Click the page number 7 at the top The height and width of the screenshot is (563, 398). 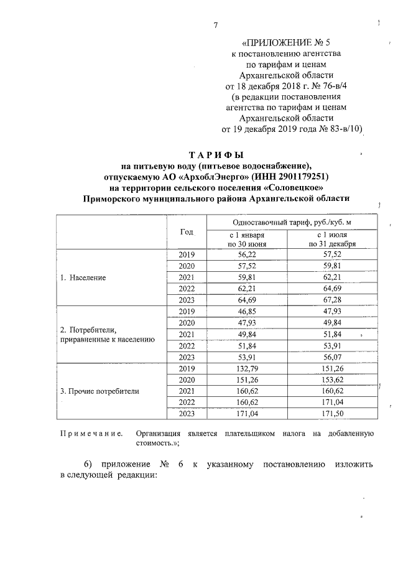[216, 26]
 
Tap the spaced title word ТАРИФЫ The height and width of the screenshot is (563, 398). [216, 154]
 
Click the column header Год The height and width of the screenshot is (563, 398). [187, 231]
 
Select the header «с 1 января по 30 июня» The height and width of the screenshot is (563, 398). [246, 240]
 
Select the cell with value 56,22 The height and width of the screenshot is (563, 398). [247, 255]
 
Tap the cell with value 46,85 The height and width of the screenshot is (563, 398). [247, 312]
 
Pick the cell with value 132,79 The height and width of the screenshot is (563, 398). [247, 368]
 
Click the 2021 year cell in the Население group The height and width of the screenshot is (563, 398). [187, 277]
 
